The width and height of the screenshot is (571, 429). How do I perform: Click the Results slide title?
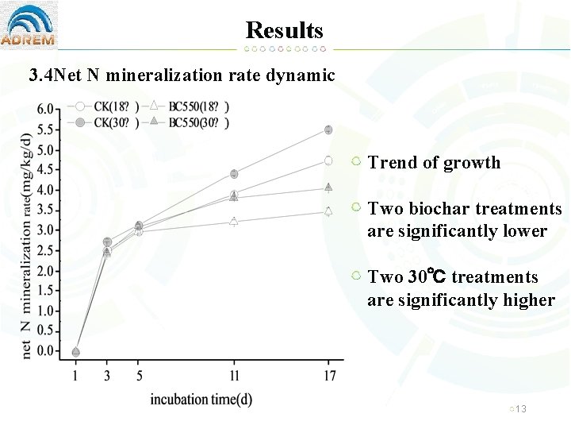click(x=285, y=30)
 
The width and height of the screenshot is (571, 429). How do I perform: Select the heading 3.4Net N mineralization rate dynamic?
click(x=182, y=75)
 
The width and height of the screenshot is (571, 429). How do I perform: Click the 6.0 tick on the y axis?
click(x=47, y=109)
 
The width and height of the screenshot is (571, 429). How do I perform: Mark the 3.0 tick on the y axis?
click(x=47, y=230)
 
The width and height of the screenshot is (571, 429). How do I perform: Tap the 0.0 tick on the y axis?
click(x=47, y=351)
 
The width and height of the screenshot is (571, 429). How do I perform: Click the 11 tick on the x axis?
click(x=234, y=375)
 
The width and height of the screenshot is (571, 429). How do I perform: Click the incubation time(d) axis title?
click(x=201, y=398)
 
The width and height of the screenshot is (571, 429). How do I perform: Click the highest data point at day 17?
click(x=328, y=129)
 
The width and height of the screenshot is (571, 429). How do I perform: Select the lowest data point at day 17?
click(x=328, y=211)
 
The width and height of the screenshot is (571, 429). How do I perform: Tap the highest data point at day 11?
click(x=234, y=174)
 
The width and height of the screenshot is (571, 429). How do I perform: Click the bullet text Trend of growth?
click(x=434, y=163)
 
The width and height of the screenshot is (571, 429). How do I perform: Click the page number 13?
click(x=521, y=408)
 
